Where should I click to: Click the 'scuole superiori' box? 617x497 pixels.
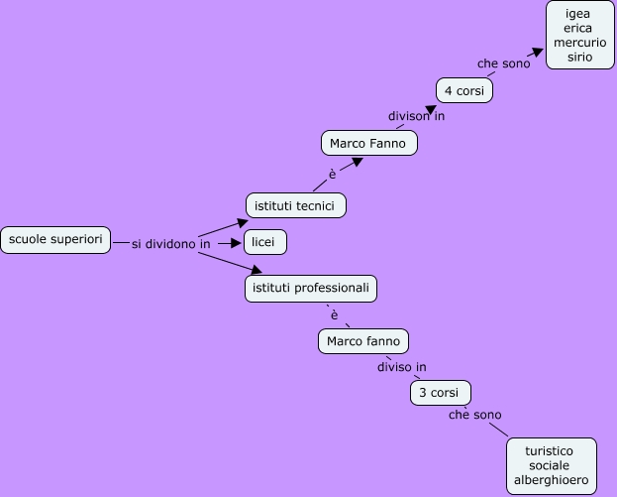coord(55,240)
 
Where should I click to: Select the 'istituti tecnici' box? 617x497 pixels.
coord(295,205)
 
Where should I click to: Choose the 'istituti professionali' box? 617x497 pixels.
coord(311,288)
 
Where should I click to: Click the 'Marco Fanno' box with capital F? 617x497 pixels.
coord(368,144)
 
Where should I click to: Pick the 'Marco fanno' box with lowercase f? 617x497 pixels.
coord(363,341)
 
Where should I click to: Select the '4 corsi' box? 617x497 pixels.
coord(463,90)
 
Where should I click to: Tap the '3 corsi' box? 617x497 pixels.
coord(440,393)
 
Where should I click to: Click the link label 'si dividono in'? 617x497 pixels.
coord(170,244)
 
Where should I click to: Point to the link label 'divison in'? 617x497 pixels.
coord(416,116)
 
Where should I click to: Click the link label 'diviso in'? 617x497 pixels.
coord(401,367)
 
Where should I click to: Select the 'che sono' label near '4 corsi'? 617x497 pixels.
coord(503,63)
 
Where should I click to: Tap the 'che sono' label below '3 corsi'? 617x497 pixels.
coord(474,415)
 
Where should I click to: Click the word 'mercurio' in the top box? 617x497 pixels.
coord(579,43)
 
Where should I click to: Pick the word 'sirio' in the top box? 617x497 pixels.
coord(579,58)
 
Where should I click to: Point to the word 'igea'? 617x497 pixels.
coord(579,13)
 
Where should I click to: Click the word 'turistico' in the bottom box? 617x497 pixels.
coord(552,450)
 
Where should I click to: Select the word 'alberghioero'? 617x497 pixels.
coord(552,480)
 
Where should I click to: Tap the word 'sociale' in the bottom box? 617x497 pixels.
coord(552,465)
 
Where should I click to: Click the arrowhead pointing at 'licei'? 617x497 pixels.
coord(236,243)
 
